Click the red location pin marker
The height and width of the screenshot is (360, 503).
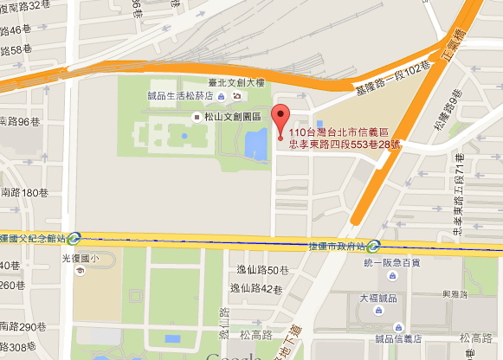280,119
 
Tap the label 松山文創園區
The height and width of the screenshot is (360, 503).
235,115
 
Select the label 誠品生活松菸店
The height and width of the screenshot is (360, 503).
185,96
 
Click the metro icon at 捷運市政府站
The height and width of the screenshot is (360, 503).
374,245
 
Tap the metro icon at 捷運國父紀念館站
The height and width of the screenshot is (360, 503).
75,237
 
